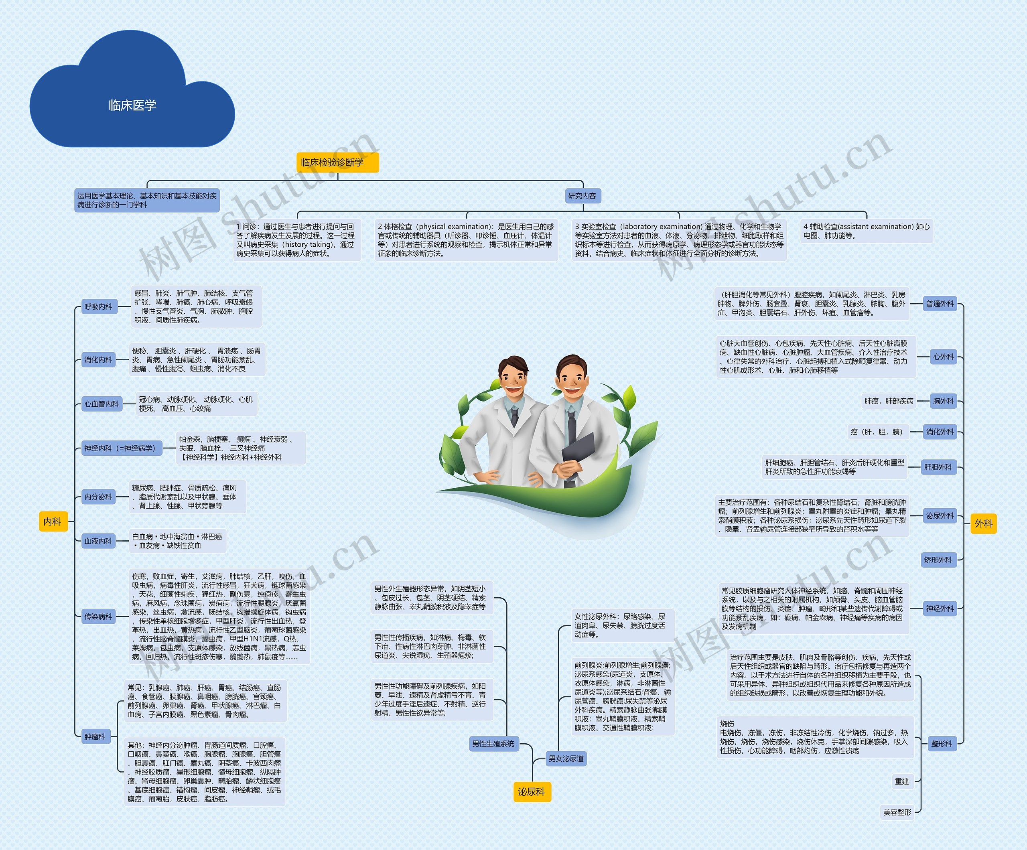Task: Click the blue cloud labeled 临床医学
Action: [x=132, y=105]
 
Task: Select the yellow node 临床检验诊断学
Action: [x=337, y=162]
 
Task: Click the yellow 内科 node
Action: [x=52, y=521]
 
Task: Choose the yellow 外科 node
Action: [x=983, y=524]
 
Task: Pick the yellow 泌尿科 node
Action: [x=531, y=792]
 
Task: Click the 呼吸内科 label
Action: [x=98, y=306]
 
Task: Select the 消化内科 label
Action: [x=98, y=359]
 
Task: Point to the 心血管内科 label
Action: [x=102, y=404]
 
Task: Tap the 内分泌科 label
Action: [x=98, y=497]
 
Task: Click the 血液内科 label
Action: [x=98, y=541]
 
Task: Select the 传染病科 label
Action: [x=98, y=617]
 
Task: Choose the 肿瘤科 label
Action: [x=95, y=736]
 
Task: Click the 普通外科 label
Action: [x=940, y=304]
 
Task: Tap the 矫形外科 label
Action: [x=938, y=560]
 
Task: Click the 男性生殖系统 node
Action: [x=493, y=744]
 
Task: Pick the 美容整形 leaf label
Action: [x=897, y=812]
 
